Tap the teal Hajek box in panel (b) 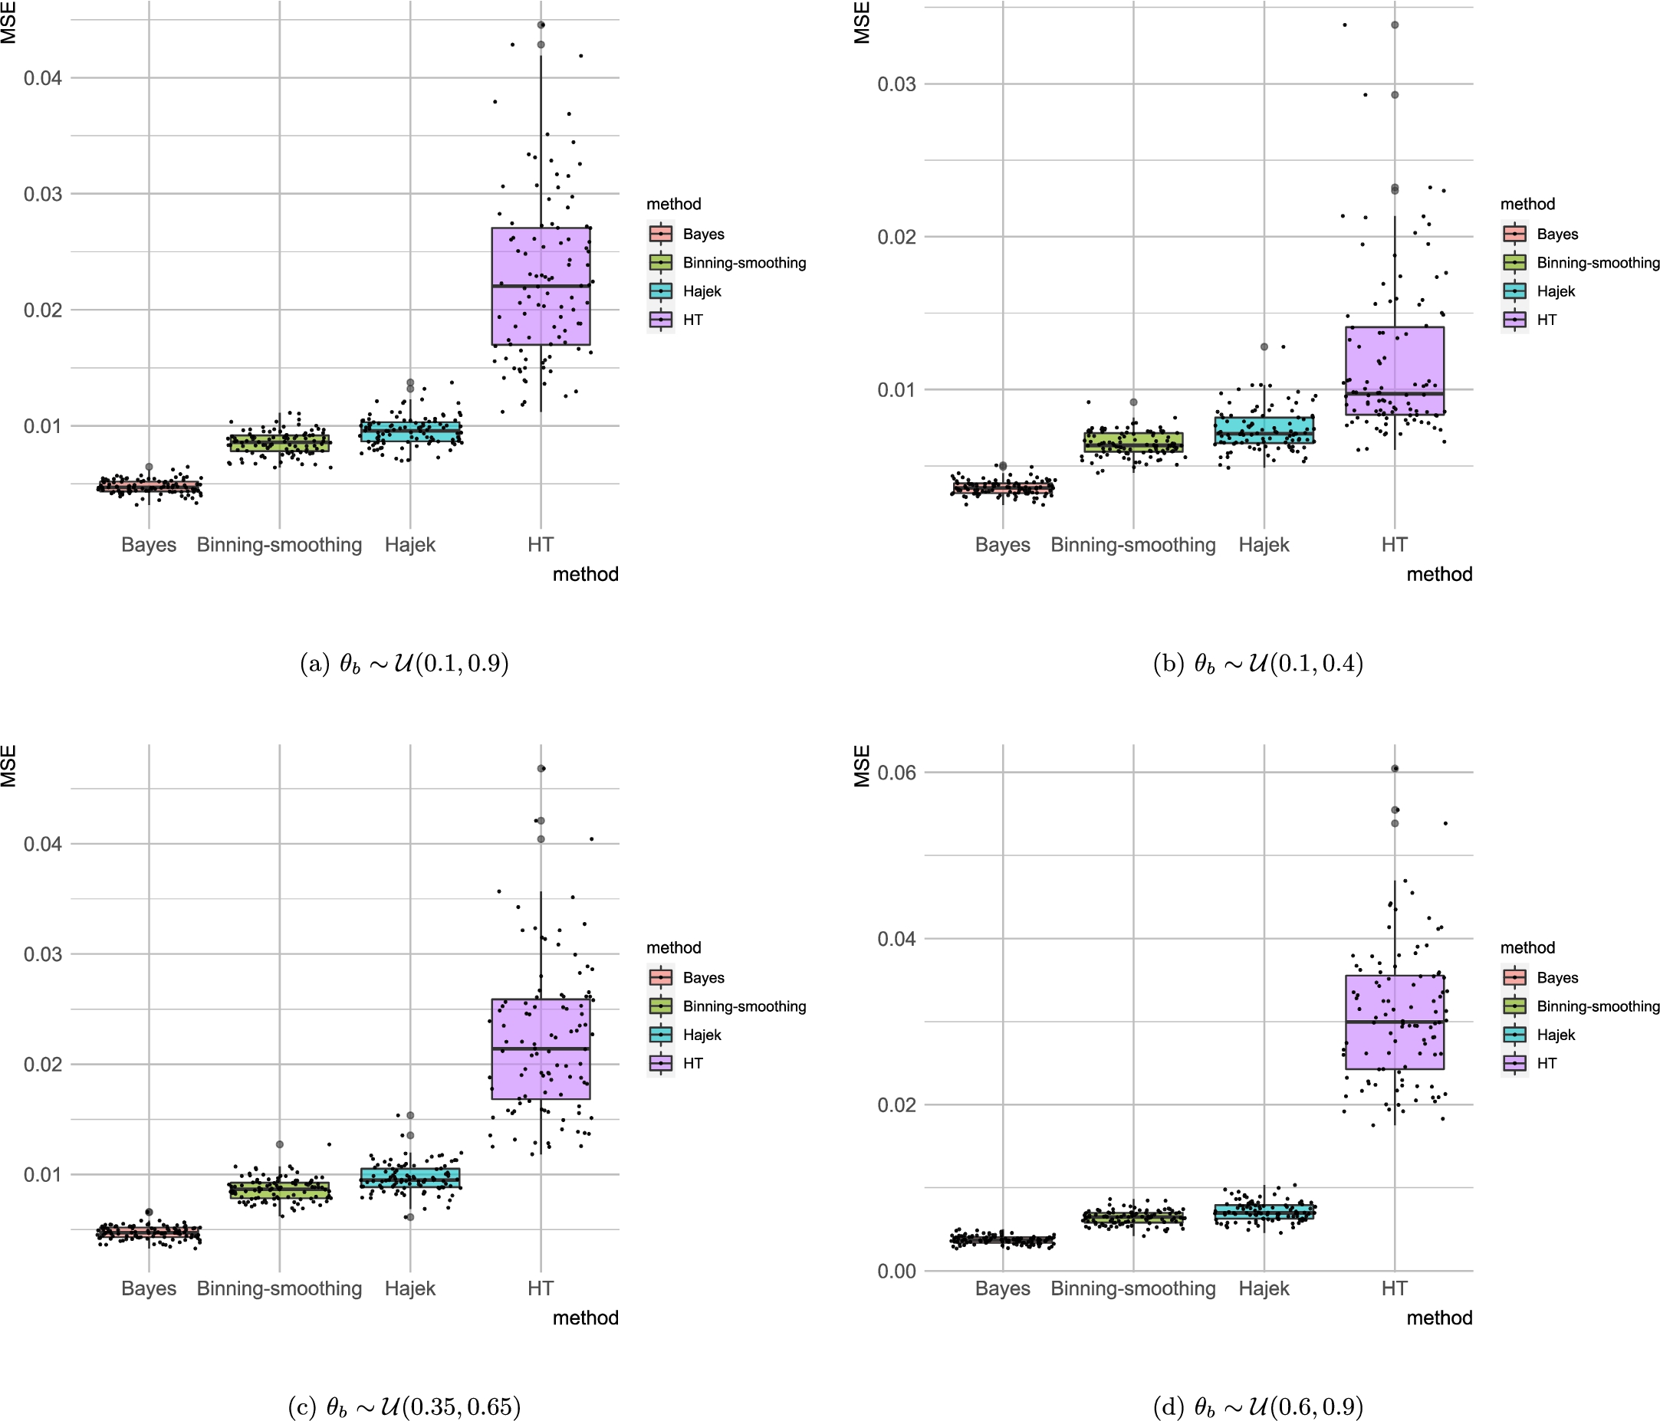[1264, 429]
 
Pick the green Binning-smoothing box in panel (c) [279, 1190]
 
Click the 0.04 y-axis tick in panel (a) [42, 77]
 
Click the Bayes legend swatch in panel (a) [661, 234]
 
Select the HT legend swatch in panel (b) [1514, 320]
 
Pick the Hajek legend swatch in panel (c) [661, 1034]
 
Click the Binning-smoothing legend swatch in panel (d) [1514, 1006]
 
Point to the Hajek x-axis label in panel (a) [410, 545]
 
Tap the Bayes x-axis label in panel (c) [149, 1288]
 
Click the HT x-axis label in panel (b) [1394, 545]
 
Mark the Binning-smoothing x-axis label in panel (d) [1132, 1288]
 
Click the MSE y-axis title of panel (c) [8, 766]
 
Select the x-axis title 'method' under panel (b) [1439, 574]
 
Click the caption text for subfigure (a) [404, 663]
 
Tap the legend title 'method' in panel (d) [1527, 947]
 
